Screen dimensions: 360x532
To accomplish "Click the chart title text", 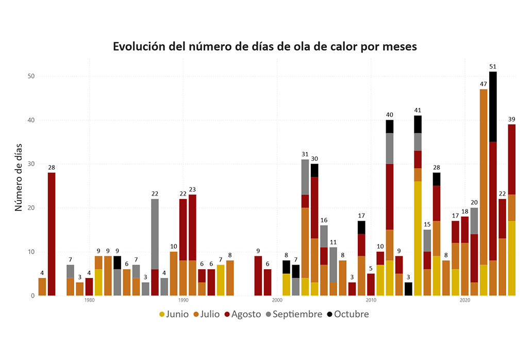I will pyautogui.click(x=265, y=46).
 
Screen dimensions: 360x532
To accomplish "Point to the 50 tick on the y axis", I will pyautogui.click(x=31, y=76).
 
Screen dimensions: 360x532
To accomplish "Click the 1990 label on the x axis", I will pyautogui.click(x=183, y=300).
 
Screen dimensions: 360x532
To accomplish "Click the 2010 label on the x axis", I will pyautogui.click(x=371, y=300).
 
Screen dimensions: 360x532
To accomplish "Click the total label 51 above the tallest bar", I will pyautogui.click(x=493, y=67).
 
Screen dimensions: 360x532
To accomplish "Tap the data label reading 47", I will pyautogui.click(x=484, y=84).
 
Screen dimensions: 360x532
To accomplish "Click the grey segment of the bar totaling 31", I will pyautogui.click(x=305, y=177).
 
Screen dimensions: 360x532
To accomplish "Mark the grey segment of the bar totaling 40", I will pyautogui.click(x=390, y=149).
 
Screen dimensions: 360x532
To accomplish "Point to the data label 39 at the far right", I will pyautogui.click(x=511, y=119).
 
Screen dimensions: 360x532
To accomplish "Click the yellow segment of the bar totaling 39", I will pyautogui.click(x=511, y=258).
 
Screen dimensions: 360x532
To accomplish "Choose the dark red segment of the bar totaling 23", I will pyautogui.click(x=192, y=227).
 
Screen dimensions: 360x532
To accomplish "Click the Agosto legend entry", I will pyautogui.click(x=242, y=314).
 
